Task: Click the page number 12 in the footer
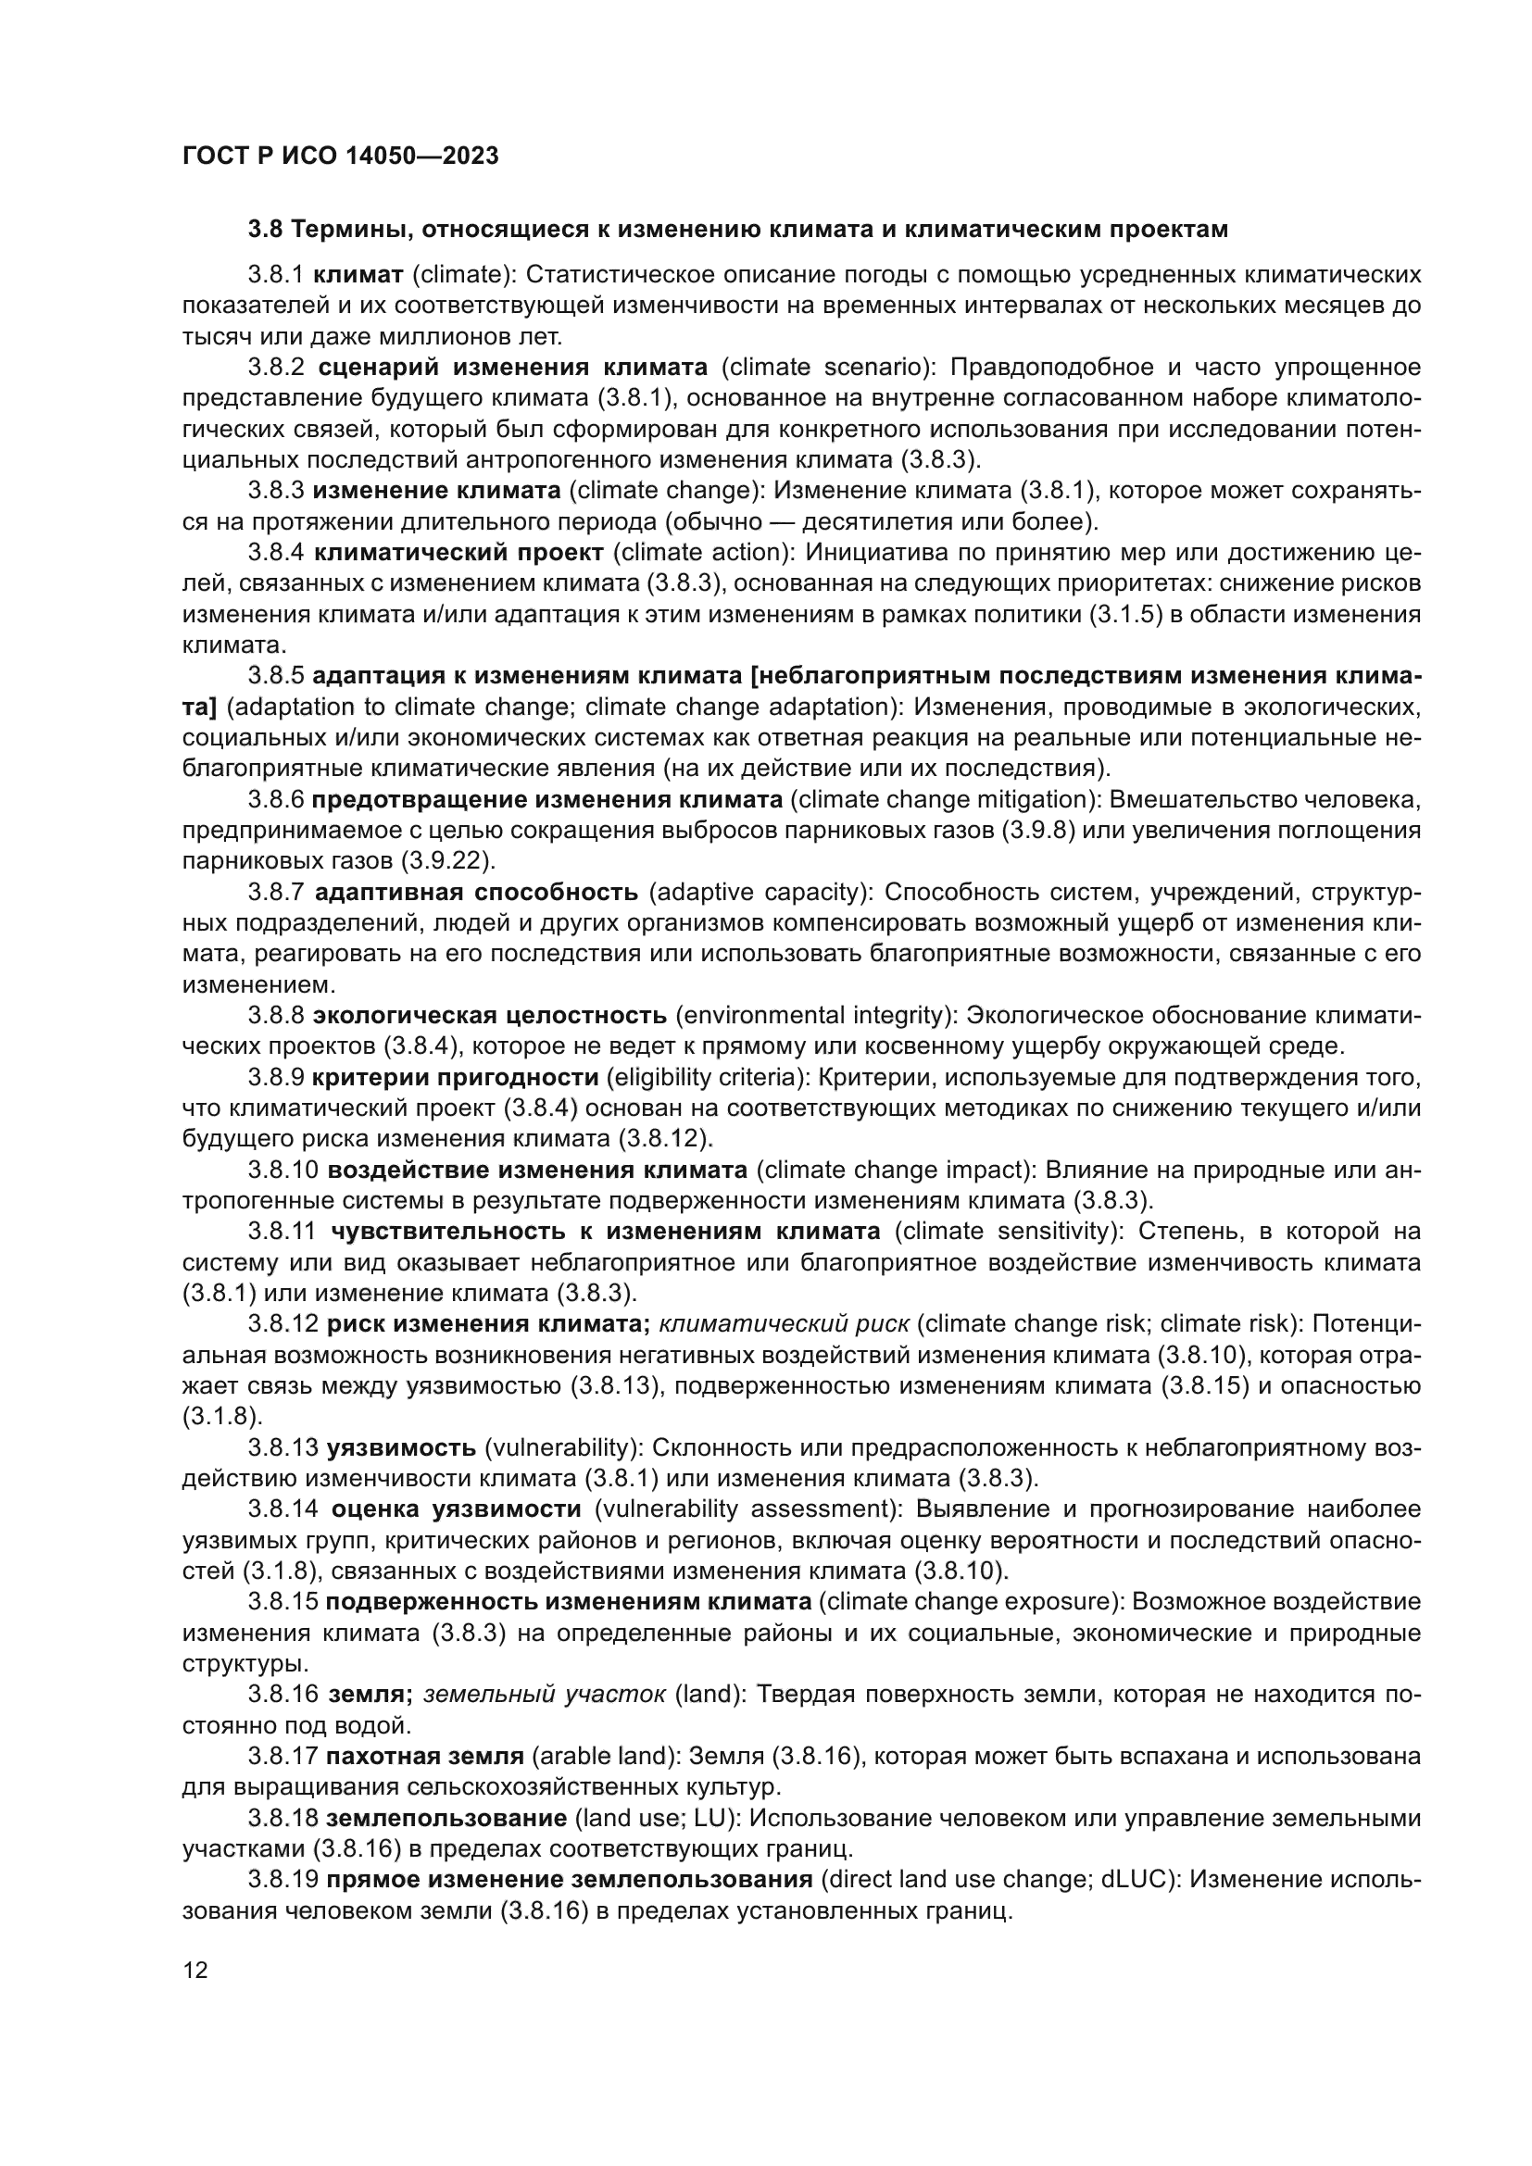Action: coord(195,1971)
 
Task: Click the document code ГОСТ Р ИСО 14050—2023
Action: coord(340,157)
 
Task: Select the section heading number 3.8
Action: coord(267,230)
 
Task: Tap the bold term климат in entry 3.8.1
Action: coord(358,274)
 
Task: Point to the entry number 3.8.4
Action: coord(276,552)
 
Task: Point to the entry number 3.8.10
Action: coord(283,1170)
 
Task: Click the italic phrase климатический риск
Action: coord(783,1324)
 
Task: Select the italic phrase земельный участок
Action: coord(545,1695)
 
